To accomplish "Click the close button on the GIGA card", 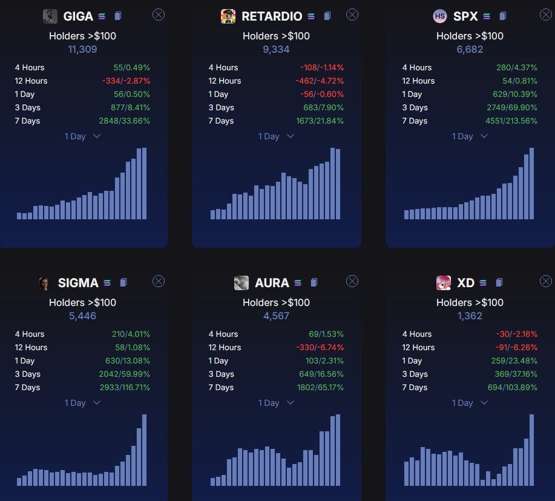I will point(159,15).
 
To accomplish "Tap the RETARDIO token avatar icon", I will point(228,16).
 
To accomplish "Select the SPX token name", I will point(465,16).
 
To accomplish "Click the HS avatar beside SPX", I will point(440,16).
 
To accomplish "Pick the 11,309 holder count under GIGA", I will point(82,49).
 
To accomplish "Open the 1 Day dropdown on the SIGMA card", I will point(82,403).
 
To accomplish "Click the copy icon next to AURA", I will point(313,282).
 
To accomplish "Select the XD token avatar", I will point(444,283).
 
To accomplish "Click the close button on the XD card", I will point(546,281).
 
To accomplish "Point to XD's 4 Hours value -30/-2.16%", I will point(517,334).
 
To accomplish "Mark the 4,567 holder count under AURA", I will point(276,316).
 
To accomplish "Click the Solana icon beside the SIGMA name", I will point(107,283).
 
